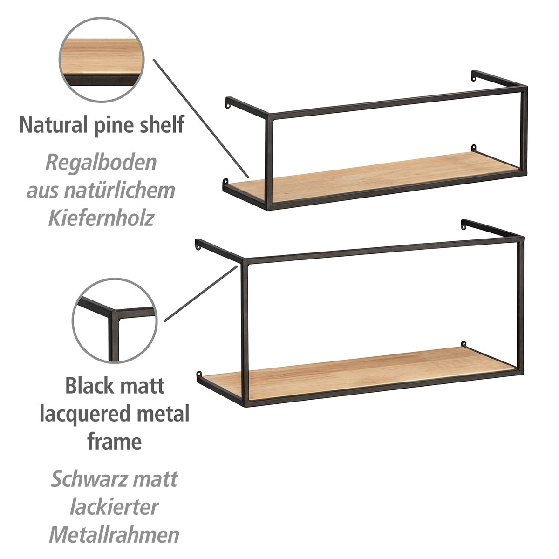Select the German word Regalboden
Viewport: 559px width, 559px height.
tap(101, 163)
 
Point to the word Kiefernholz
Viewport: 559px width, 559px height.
tap(101, 218)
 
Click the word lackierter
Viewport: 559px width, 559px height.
tap(114, 507)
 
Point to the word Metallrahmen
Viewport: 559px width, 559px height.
tap(114, 535)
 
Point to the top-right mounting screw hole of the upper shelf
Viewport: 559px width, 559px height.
tap(474, 80)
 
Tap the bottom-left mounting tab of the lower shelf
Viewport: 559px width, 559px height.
tap(199, 374)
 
